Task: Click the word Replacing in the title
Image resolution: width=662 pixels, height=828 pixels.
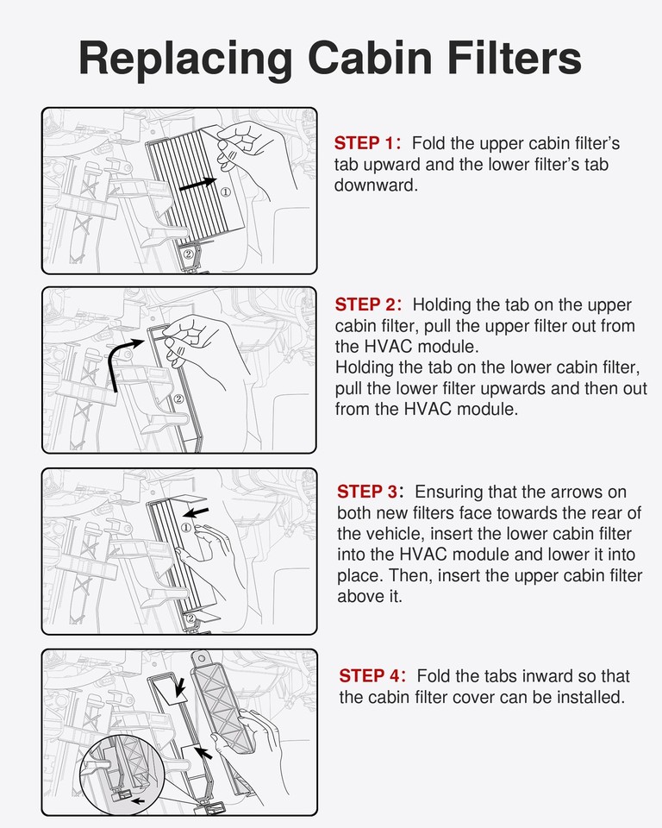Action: (185, 60)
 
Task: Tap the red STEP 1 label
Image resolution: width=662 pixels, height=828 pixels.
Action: (367, 143)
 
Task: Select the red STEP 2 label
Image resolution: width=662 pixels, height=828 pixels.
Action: (368, 304)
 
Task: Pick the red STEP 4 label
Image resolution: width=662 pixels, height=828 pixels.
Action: (372, 676)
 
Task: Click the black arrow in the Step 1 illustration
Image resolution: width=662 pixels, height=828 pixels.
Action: (197, 184)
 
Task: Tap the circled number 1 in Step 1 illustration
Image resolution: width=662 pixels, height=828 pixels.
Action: (226, 191)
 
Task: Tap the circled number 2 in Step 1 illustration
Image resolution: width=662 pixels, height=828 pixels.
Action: (189, 254)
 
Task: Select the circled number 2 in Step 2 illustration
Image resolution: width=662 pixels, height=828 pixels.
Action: (178, 398)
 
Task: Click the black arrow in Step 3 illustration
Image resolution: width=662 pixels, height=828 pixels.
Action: (196, 512)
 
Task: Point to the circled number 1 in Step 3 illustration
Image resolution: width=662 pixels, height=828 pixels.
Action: (186, 528)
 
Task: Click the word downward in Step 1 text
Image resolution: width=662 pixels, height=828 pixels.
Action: (375, 185)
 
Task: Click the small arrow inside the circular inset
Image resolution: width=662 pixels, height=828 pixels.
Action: (138, 800)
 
